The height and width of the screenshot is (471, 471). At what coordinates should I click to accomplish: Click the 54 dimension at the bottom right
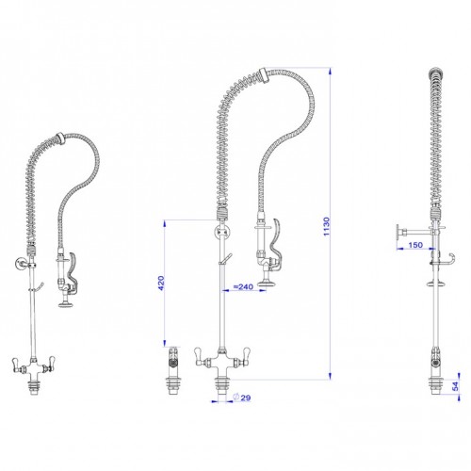pos(456,387)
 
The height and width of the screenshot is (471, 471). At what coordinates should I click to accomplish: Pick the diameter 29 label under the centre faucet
pos(244,397)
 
